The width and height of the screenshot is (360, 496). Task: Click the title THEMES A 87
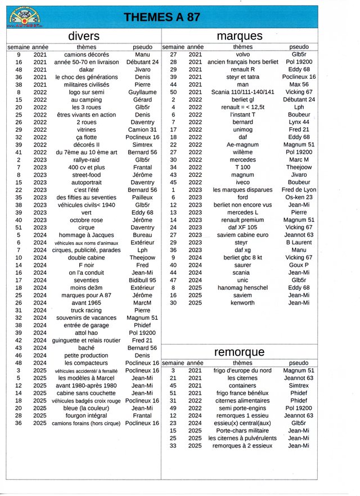(x=161, y=17)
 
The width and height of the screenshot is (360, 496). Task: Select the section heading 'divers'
(x=83, y=36)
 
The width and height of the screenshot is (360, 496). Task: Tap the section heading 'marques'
(x=239, y=36)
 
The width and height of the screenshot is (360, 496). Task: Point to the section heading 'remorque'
(x=239, y=352)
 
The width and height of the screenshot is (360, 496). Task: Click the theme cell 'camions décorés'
(x=87, y=55)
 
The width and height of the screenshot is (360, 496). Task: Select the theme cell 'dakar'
(x=87, y=70)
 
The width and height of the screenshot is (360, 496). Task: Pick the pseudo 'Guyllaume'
(x=142, y=92)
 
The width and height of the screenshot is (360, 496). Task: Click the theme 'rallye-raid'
(x=87, y=160)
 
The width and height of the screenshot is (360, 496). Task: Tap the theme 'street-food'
(x=87, y=175)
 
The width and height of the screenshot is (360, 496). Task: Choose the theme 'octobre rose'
(x=87, y=220)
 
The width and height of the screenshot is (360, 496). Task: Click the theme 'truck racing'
(x=87, y=310)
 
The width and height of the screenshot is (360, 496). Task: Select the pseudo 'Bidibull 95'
(x=142, y=280)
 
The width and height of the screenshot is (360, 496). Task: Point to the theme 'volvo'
(x=243, y=55)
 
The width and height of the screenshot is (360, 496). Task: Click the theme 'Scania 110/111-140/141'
(x=243, y=92)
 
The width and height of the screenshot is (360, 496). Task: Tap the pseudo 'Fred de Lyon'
(x=299, y=190)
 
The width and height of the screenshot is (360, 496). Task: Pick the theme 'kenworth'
(x=243, y=303)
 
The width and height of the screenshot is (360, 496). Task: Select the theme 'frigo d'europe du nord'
(x=243, y=370)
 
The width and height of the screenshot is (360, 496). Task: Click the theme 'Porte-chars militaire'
(x=243, y=431)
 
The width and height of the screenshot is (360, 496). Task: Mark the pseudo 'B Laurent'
(x=299, y=243)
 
